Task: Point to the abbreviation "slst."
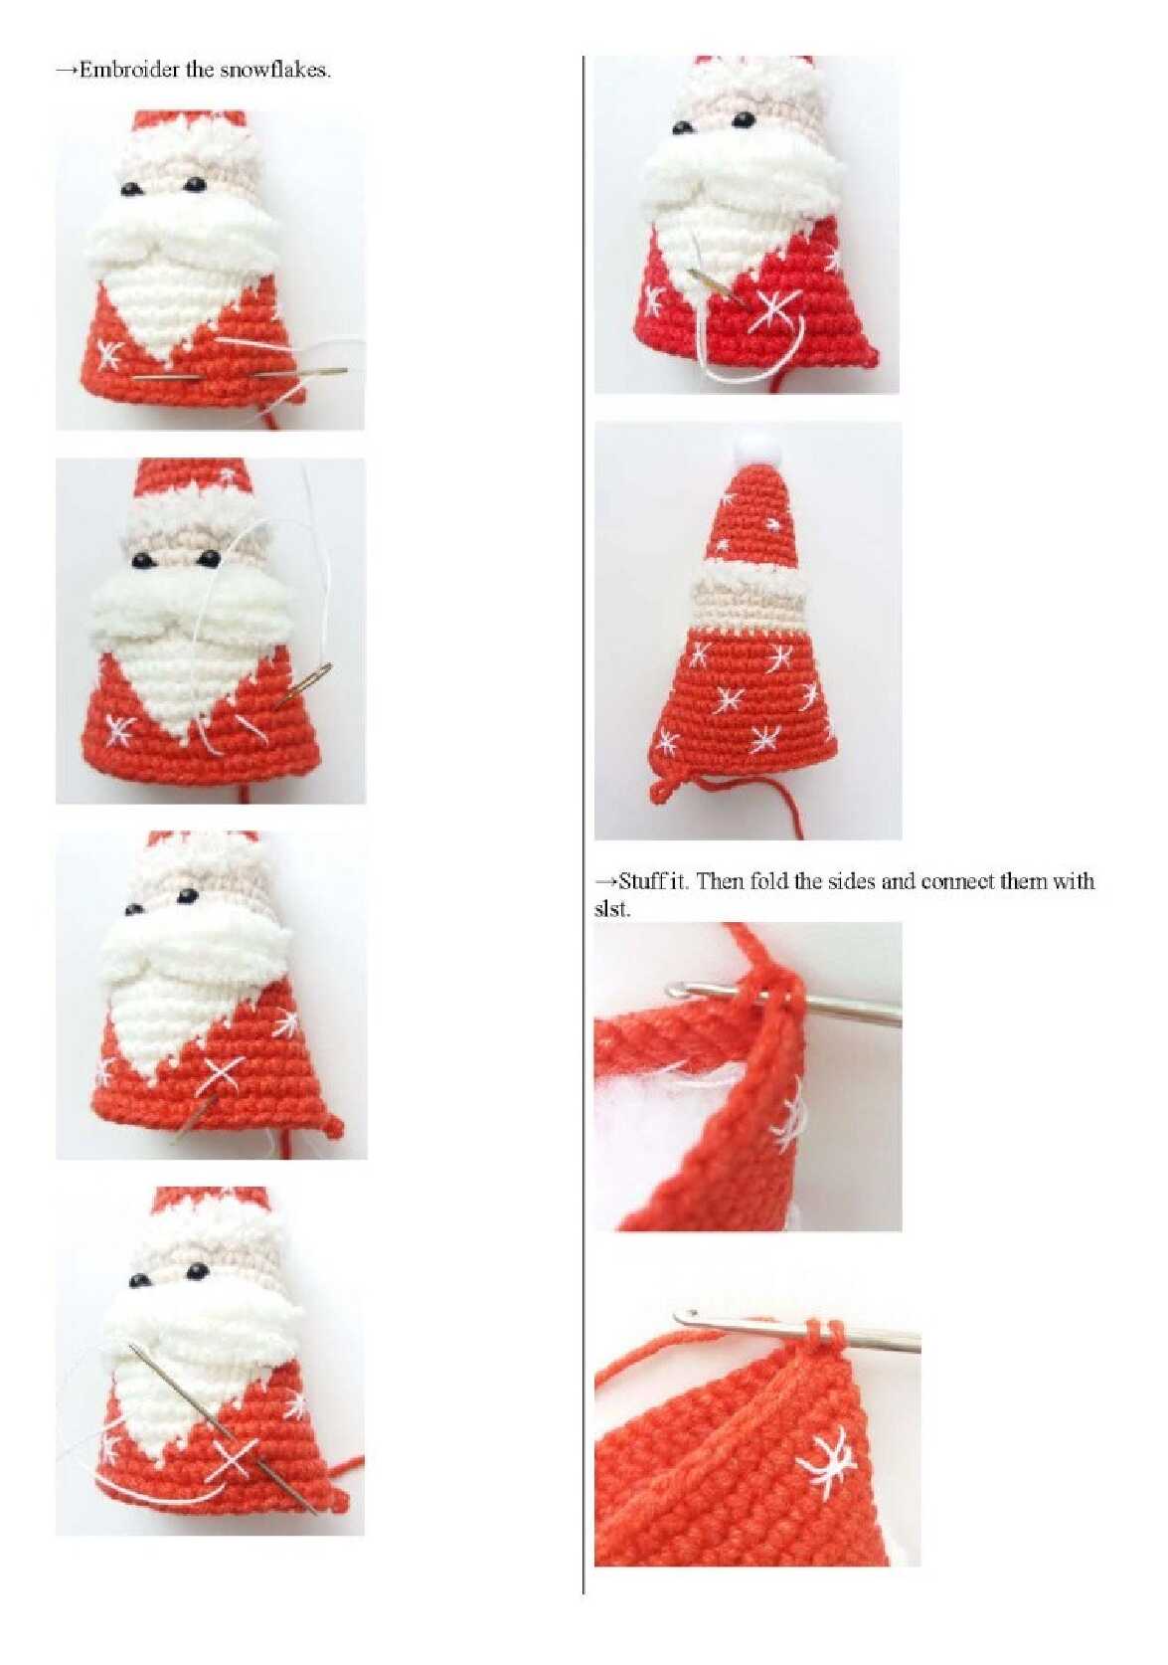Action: [x=612, y=910]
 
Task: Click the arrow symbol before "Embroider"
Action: [x=67, y=71]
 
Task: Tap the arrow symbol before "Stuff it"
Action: [x=605, y=881]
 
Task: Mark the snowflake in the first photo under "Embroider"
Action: [x=110, y=355]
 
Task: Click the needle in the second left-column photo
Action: [x=305, y=685]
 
